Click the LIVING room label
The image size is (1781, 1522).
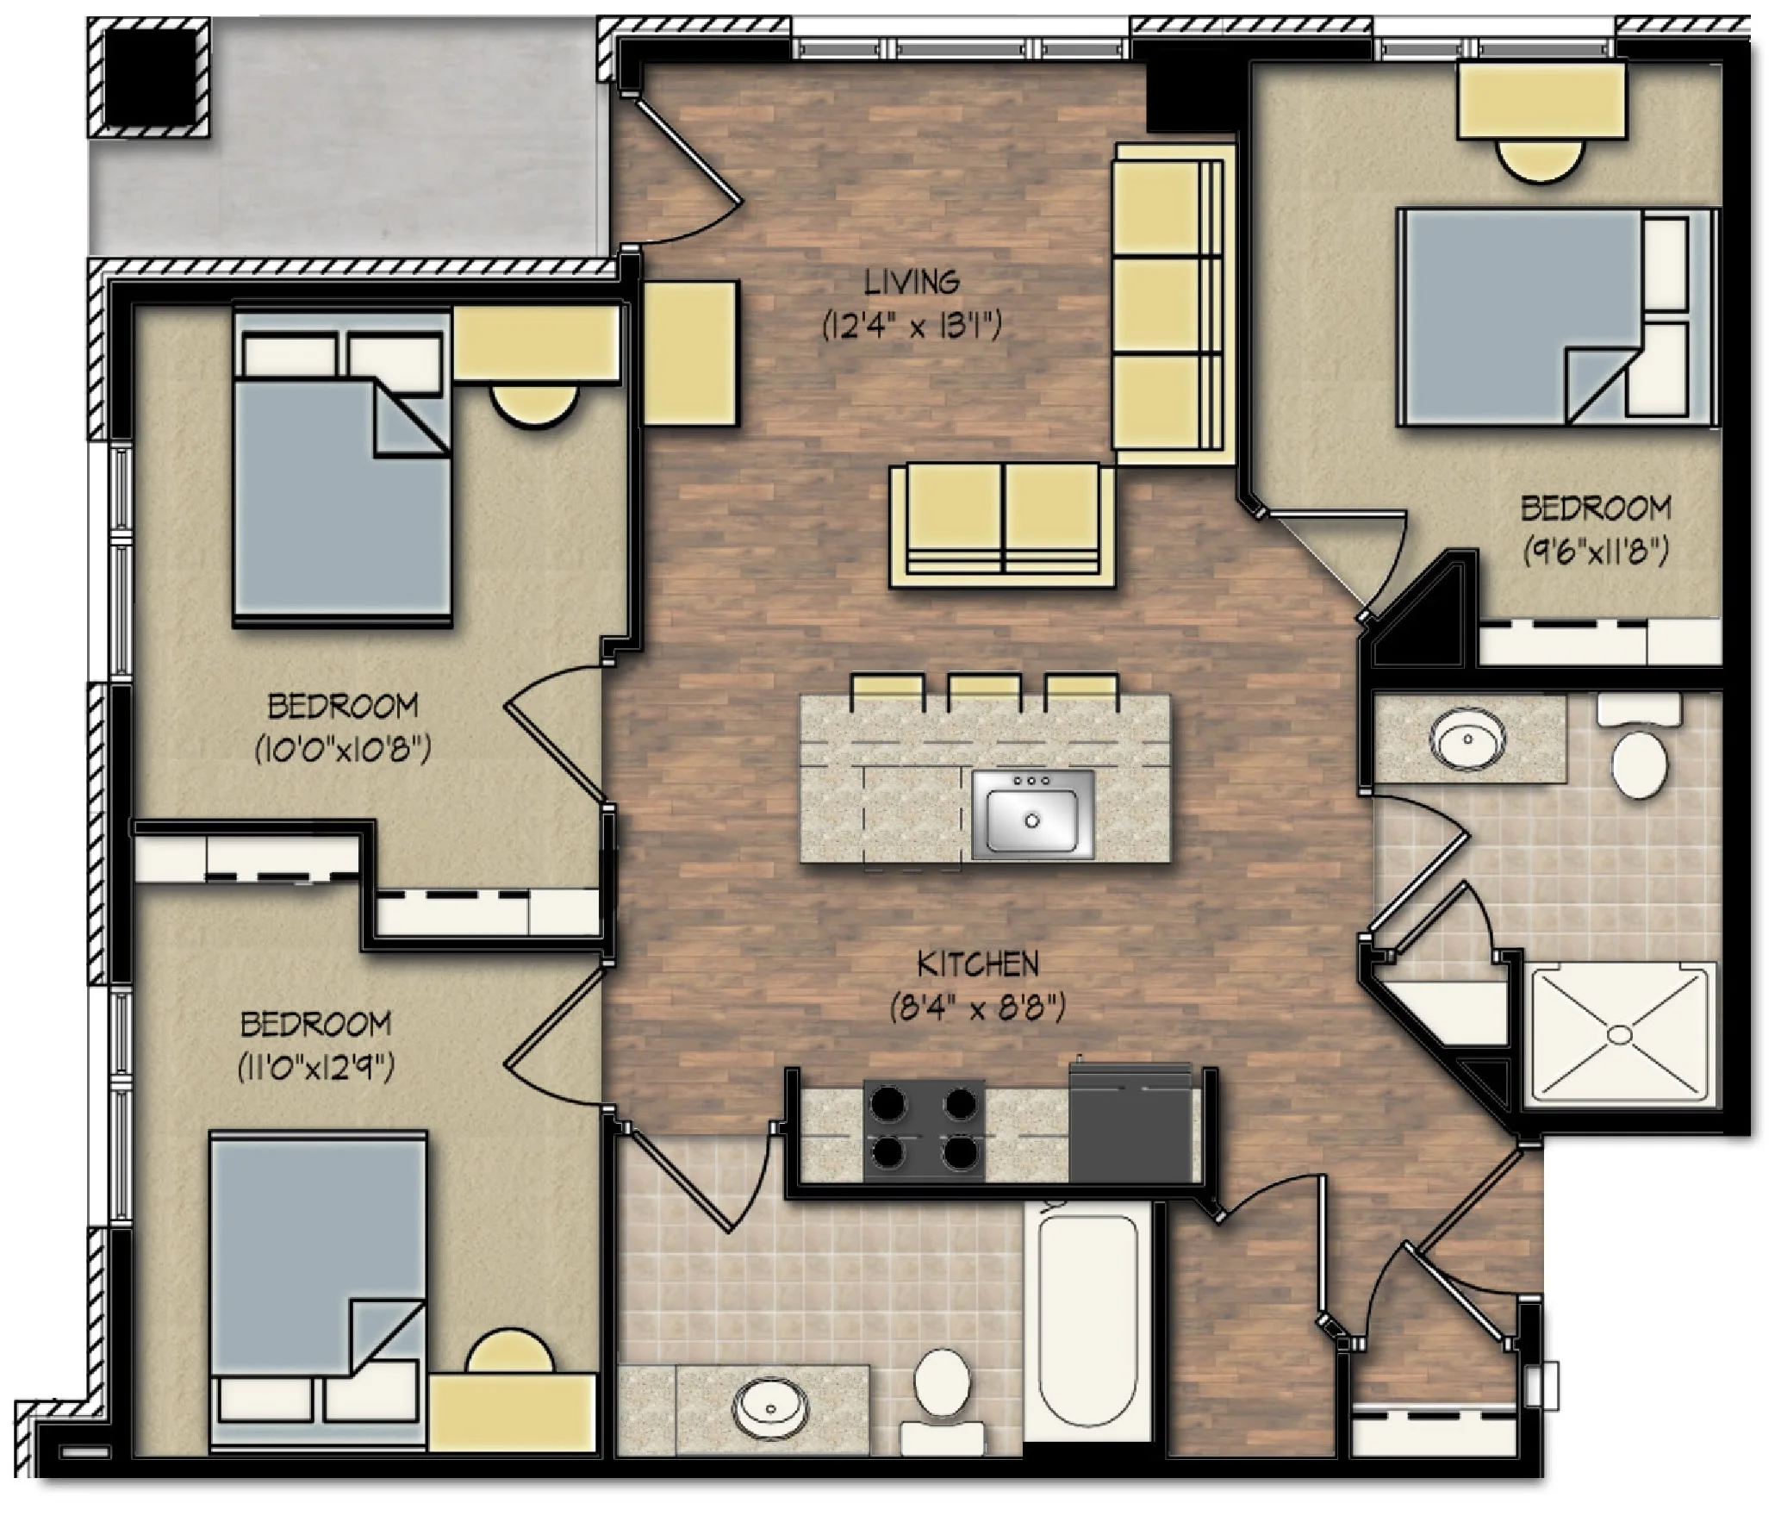tap(912, 282)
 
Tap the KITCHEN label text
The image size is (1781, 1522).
tap(977, 964)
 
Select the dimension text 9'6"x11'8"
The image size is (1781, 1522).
tap(1595, 551)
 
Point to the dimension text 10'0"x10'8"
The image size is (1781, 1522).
tap(342, 751)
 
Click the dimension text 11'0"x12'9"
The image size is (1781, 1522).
tap(315, 1069)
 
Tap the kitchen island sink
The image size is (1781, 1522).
tap(1032, 814)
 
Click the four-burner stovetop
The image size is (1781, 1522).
tap(925, 1130)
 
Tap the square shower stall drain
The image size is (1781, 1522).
tap(1622, 1032)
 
